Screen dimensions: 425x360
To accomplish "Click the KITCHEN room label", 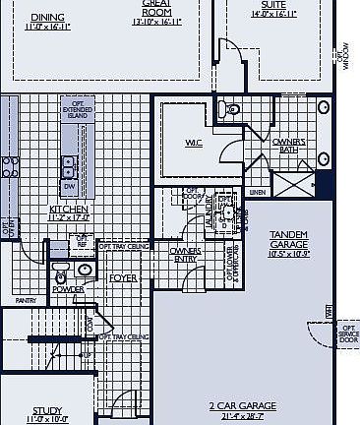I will click(70, 209).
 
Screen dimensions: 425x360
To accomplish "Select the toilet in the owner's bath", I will click(225, 108).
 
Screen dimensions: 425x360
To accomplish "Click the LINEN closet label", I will click(258, 192).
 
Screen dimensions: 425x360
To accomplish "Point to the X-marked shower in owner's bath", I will click(293, 185).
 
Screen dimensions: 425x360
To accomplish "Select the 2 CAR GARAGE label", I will click(242, 405).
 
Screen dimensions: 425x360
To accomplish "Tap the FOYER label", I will click(122, 278).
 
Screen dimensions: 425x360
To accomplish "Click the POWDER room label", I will click(67, 289).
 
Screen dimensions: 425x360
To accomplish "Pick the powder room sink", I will click(85, 269).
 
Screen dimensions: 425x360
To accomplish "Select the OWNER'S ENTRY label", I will click(186, 255).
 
